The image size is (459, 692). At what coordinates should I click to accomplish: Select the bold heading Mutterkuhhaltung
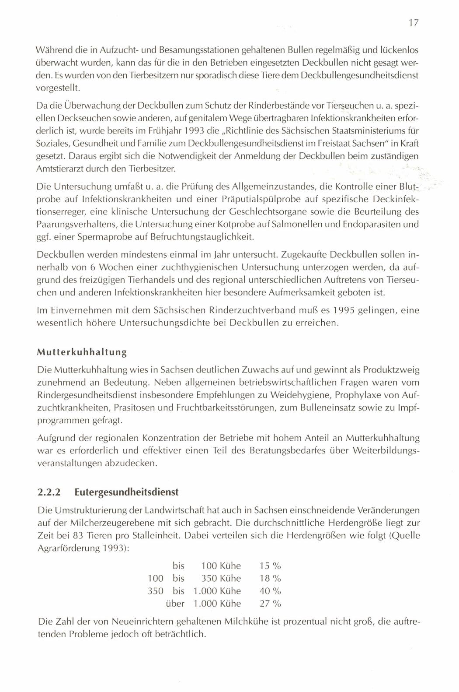(82, 351)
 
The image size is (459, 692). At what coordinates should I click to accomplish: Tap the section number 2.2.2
(49, 492)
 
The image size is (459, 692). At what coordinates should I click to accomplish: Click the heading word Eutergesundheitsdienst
(127, 492)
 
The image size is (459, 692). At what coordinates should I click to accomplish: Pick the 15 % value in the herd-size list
(270, 566)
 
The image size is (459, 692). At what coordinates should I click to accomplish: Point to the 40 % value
(270, 591)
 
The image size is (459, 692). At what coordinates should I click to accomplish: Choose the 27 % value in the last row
(270, 604)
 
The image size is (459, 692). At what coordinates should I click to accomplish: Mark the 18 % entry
(270, 578)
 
